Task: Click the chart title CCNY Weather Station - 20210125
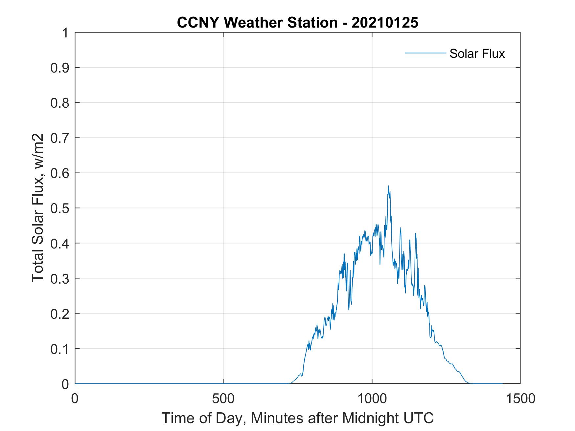(x=297, y=23)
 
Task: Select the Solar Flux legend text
(x=477, y=54)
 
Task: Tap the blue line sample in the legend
(x=425, y=53)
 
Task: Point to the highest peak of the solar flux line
(x=388, y=186)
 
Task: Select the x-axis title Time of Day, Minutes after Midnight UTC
(x=297, y=418)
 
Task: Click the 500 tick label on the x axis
(x=223, y=399)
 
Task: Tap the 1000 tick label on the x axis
(x=372, y=399)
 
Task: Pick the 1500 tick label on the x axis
(x=520, y=399)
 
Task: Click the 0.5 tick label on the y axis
(x=60, y=208)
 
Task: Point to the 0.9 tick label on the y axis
(x=60, y=68)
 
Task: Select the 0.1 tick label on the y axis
(x=60, y=349)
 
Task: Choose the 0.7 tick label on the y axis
(x=60, y=138)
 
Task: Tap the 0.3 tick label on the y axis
(x=60, y=278)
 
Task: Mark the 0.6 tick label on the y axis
(x=60, y=173)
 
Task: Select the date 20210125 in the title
(x=385, y=23)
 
